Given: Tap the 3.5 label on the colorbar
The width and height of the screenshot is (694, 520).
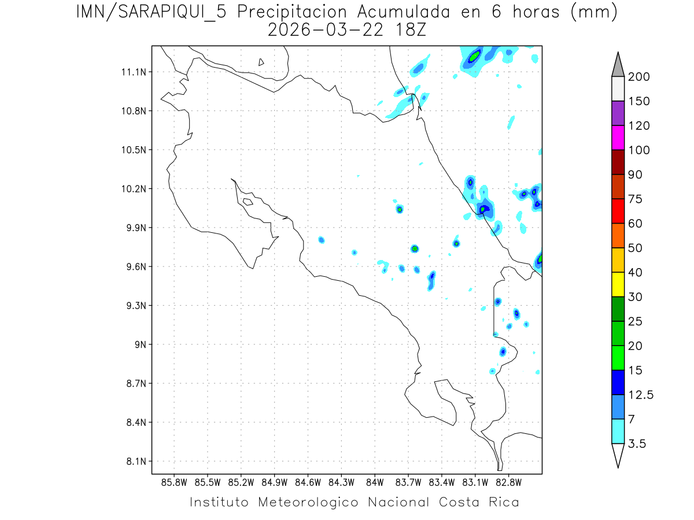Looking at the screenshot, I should coord(636,444).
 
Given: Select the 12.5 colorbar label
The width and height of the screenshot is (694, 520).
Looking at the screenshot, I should coord(640,395).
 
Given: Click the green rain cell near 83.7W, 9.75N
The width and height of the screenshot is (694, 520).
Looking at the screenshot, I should coord(415,248).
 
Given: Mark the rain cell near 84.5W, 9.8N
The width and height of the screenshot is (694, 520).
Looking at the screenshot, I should coord(322,240).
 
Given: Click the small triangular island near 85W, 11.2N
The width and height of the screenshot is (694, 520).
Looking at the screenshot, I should coord(261,62).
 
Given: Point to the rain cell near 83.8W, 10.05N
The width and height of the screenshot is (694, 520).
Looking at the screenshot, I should coord(400,209).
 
